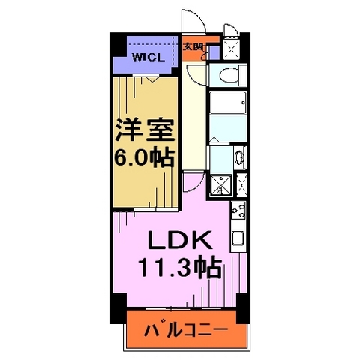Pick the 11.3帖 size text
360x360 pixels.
[178, 267]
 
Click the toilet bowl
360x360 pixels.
[227, 74]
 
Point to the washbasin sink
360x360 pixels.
[238, 157]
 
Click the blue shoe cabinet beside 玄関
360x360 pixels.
[214, 52]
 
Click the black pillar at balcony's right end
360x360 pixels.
[242, 303]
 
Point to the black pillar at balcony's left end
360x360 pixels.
[117, 303]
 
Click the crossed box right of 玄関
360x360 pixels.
[234, 48]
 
